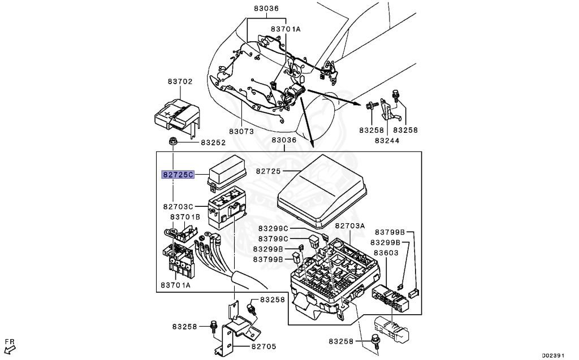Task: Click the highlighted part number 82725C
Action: click(178, 175)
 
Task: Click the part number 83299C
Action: click(274, 228)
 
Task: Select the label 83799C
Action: click(274, 238)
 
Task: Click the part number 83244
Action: click(387, 140)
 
